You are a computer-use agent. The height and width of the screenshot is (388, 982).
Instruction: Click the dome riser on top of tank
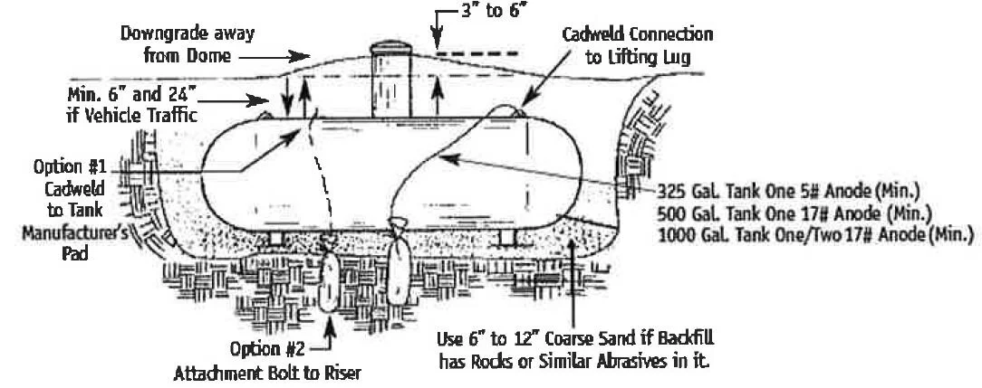point(390,80)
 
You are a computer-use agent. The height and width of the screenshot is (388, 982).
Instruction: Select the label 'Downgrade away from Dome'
point(188,43)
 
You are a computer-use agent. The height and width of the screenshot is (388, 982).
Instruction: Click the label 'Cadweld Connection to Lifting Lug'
point(638,45)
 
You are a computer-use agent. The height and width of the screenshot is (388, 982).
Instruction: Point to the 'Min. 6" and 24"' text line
point(132,96)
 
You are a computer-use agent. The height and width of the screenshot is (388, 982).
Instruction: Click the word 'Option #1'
point(70,167)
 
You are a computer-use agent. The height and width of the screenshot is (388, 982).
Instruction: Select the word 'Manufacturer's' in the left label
point(75,233)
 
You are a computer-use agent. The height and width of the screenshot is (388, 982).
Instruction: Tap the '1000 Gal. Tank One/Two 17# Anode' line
point(815,235)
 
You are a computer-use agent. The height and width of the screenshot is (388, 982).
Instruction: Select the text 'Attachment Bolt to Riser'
point(267,374)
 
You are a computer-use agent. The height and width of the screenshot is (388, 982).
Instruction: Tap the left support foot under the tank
point(276,238)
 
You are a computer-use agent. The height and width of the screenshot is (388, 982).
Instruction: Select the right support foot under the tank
point(508,238)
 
